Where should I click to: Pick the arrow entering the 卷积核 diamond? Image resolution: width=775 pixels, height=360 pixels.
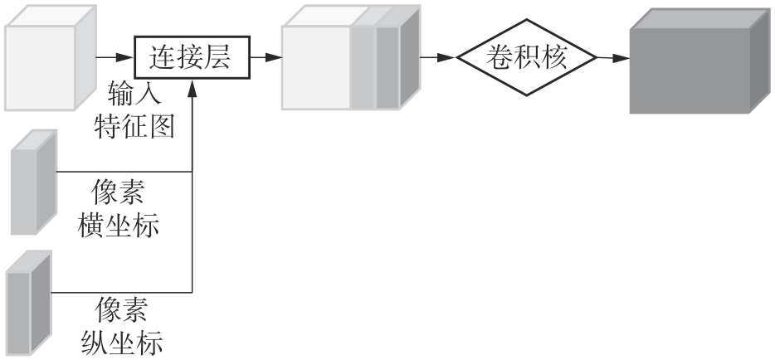point(440,58)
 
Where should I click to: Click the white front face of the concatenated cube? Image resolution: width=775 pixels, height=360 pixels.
point(316,69)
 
